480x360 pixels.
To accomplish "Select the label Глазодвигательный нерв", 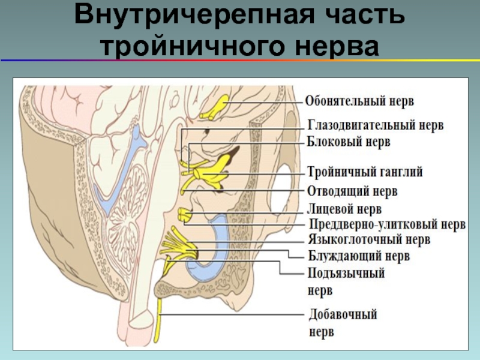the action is pos(376,127).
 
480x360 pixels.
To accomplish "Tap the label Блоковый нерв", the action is pos(349,143).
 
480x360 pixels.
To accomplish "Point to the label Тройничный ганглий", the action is pos(365,172).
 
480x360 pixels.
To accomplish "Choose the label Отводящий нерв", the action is pos(352,191).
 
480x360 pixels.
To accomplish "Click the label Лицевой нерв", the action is pos(344,209).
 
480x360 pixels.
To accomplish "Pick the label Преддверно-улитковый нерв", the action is pos(387,226).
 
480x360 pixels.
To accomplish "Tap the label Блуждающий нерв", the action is pos(359,257).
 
